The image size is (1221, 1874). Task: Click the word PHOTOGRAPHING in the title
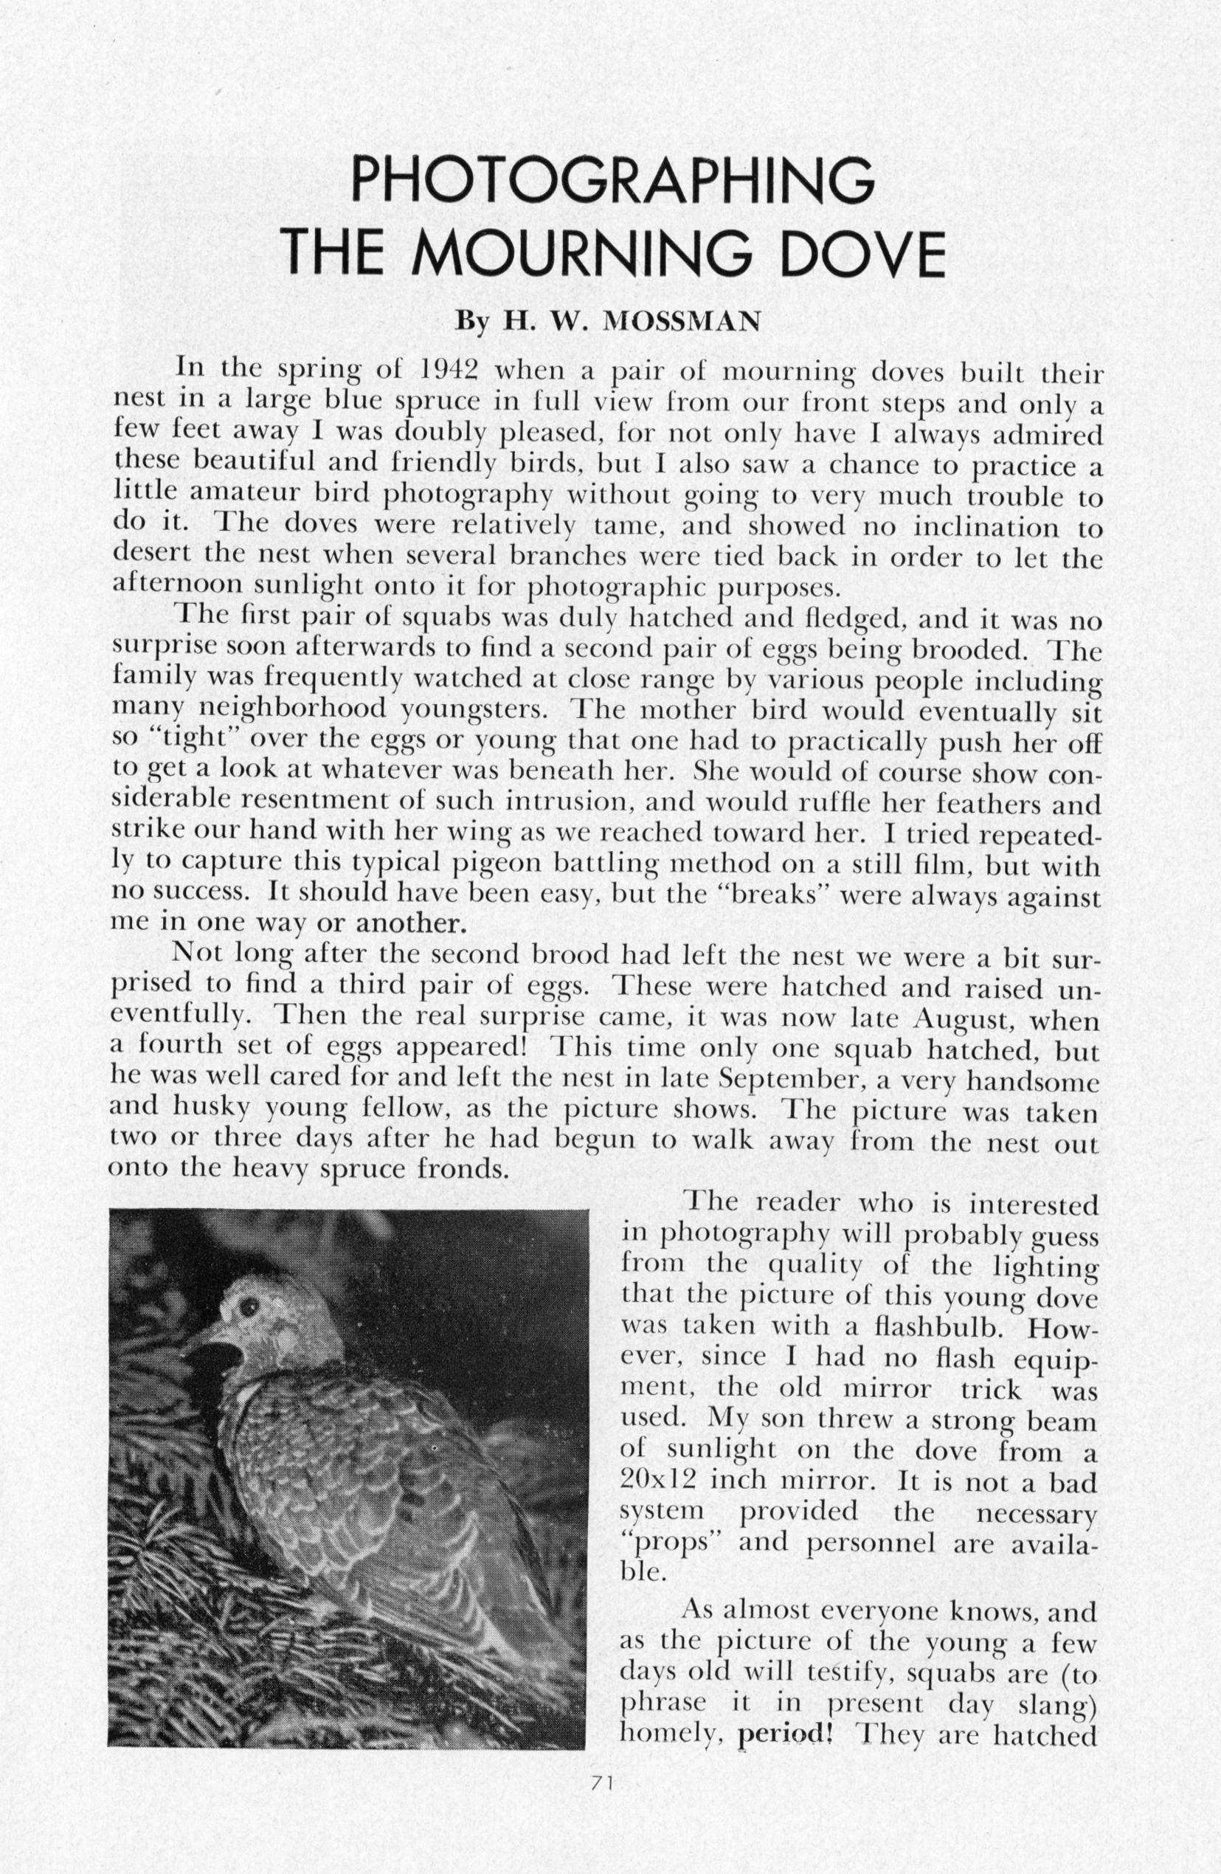pos(612,180)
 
